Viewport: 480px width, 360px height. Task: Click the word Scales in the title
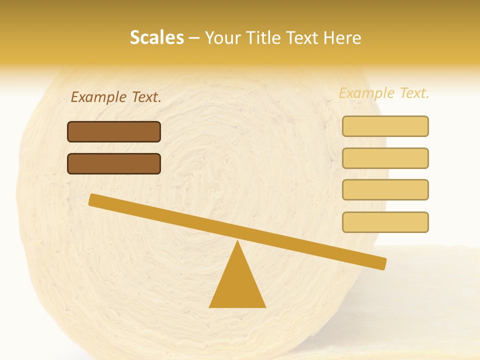tap(156, 38)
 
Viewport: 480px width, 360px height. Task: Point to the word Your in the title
tap(223, 38)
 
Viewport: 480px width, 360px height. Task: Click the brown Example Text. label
tap(116, 97)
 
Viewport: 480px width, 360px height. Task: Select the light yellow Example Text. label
tap(384, 93)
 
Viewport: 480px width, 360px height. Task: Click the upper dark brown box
tap(114, 131)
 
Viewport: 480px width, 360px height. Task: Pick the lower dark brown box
tap(114, 163)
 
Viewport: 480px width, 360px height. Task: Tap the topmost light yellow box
tap(385, 126)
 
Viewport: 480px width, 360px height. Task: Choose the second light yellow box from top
tap(385, 158)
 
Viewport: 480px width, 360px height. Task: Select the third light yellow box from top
tap(385, 190)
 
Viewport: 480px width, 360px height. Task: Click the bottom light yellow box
tap(385, 222)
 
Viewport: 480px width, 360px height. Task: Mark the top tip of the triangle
tap(237, 241)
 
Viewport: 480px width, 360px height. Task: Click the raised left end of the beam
tap(93, 199)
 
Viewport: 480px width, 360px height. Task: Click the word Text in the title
tap(299, 38)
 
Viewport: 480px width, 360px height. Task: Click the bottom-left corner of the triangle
tap(210, 306)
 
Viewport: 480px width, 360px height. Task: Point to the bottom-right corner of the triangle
tap(265, 306)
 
